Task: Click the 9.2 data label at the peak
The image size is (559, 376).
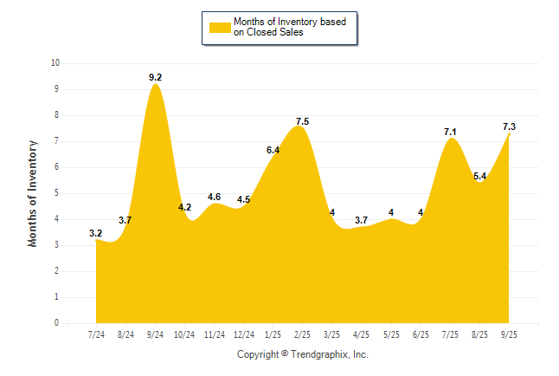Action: point(155,77)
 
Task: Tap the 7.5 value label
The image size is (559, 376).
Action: point(303,121)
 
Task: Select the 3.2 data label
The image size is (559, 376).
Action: point(96,233)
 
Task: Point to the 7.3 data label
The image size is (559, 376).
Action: point(510,126)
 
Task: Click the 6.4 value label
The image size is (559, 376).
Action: point(273,150)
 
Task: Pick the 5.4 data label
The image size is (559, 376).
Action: point(480,176)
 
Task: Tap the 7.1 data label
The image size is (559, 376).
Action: point(451,132)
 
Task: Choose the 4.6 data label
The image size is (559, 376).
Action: point(215,197)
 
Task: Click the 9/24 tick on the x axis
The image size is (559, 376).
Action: point(155,334)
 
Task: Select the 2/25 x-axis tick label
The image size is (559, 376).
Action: point(303,334)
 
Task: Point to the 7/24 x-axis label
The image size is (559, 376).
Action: point(96,334)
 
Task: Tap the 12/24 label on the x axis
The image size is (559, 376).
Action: point(244,334)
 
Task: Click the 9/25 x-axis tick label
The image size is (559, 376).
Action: point(510,334)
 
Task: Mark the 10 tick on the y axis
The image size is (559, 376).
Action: point(55,63)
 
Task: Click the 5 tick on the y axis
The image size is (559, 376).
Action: point(57,193)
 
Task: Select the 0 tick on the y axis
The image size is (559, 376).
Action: point(57,323)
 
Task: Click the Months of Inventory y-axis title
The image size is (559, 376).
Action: point(33,193)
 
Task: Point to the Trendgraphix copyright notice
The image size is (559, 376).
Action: point(303,354)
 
